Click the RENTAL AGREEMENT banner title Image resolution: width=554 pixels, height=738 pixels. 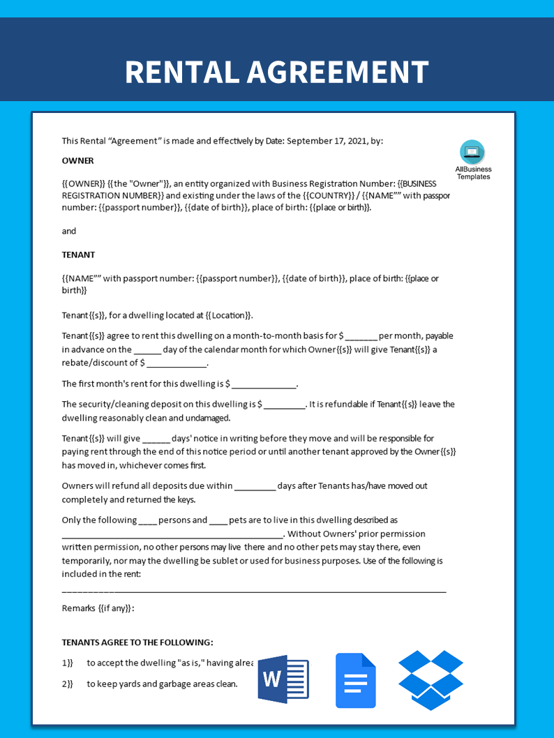pyautogui.click(x=276, y=72)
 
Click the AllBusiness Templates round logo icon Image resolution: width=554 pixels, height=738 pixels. pyautogui.click(x=472, y=152)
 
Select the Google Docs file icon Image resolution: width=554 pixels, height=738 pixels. pyautogui.click(x=355, y=680)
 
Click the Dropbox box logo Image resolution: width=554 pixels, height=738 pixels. pyautogui.click(x=431, y=679)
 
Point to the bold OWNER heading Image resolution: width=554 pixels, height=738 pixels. pyautogui.click(x=77, y=160)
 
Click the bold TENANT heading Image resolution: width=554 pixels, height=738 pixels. pyautogui.click(x=78, y=255)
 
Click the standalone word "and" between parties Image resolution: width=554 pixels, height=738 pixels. pyautogui.click(x=69, y=231)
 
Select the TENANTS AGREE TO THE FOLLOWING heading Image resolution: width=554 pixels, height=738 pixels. pyautogui.click(x=137, y=642)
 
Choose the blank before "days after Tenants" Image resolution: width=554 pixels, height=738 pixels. pyautogui.click(x=255, y=487)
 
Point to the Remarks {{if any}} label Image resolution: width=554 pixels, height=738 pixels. pyautogui.click(x=98, y=608)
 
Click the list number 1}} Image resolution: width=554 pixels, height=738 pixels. pyautogui.click(x=67, y=663)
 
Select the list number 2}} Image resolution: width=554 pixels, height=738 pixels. pyautogui.click(x=67, y=684)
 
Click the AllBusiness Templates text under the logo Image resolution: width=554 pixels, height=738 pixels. pyautogui.click(x=473, y=173)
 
